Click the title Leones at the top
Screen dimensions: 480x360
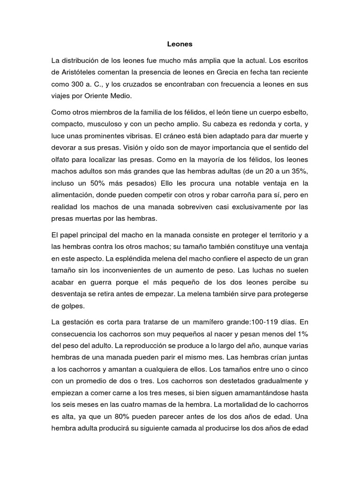(180, 45)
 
